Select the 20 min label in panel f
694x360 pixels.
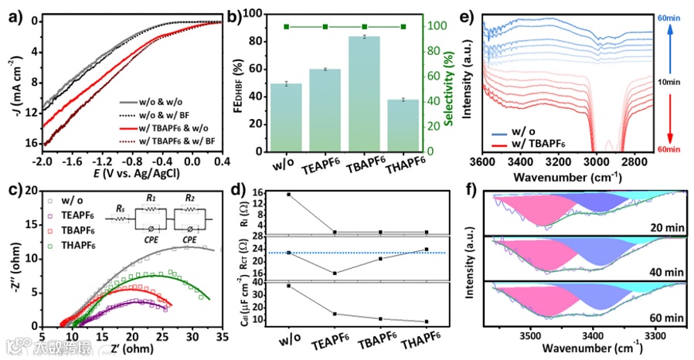[x=666, y=226]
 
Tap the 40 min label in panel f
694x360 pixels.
[x=666, y=272]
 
